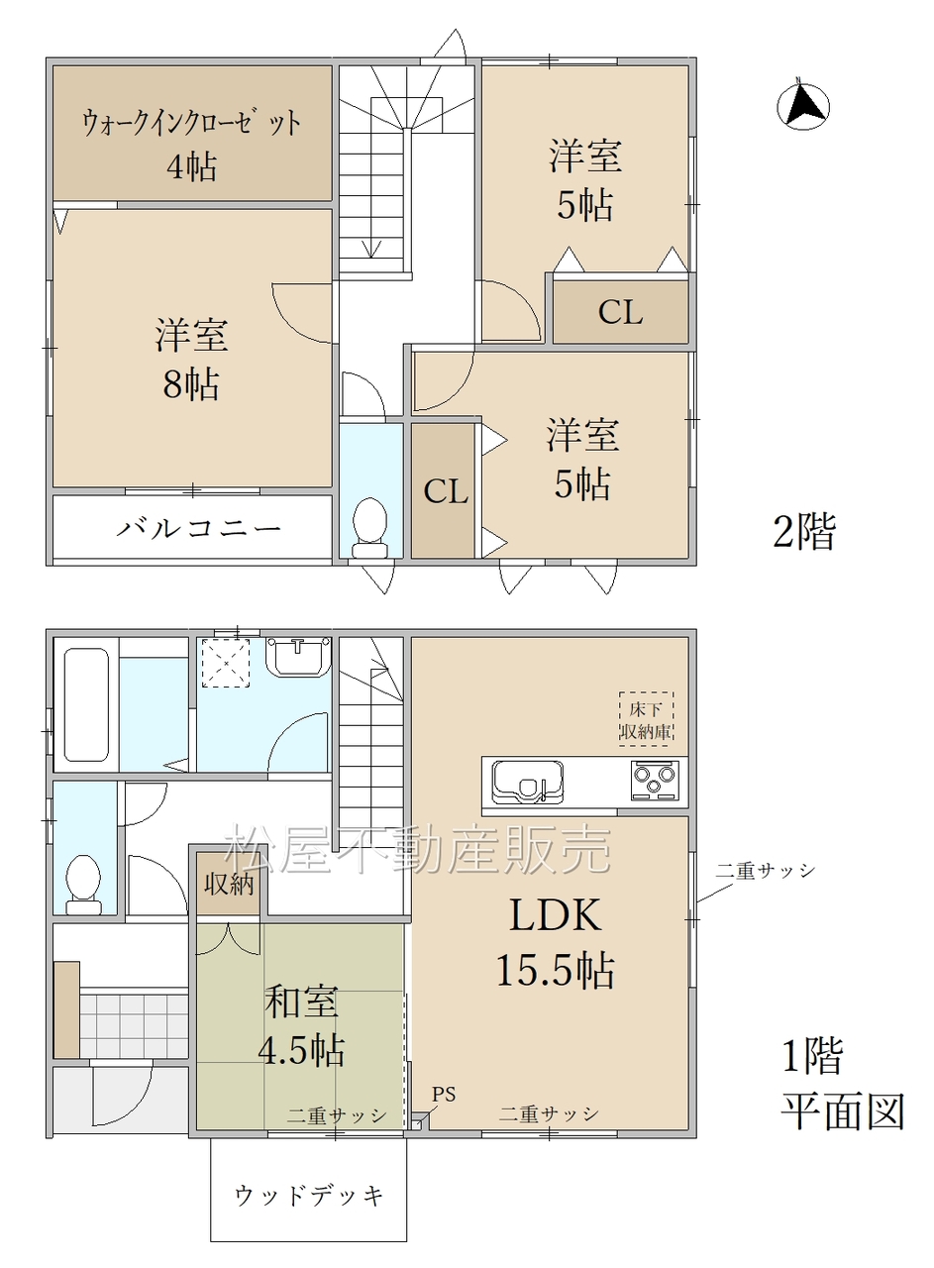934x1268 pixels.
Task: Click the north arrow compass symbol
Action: (x=802, y=104)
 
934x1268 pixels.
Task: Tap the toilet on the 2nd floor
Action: (x=369, y=528)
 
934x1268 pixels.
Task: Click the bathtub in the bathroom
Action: (x=86, y=704)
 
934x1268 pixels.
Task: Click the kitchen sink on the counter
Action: (x=528, y=782)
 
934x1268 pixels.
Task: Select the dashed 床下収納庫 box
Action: (x=646, y=719)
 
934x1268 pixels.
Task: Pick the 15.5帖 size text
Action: (x=556, y=971)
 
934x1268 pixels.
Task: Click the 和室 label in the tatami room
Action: (x=302, y=1002)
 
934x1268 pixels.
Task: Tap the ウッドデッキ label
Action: (x=309, y=1196)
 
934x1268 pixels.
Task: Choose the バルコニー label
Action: (x=199, y=529)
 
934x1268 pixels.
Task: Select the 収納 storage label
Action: (x=229, y=884)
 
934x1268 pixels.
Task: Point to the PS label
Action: (x=444, y=1095)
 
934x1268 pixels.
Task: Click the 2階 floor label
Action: (x=804, y=532)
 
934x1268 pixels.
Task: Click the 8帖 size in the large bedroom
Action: (x=191, y=384)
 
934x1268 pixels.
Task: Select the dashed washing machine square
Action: (x=226, y=663)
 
